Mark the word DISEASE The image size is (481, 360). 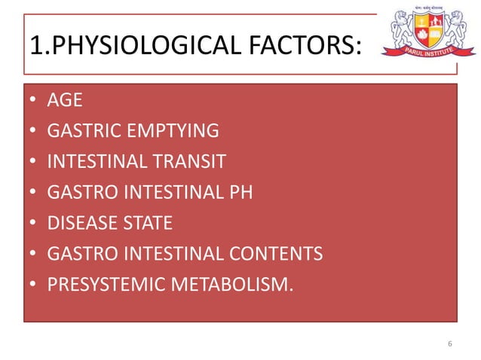coord(79,224)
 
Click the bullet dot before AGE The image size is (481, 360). coord(33,102)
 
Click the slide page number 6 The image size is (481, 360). coord(449,345)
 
